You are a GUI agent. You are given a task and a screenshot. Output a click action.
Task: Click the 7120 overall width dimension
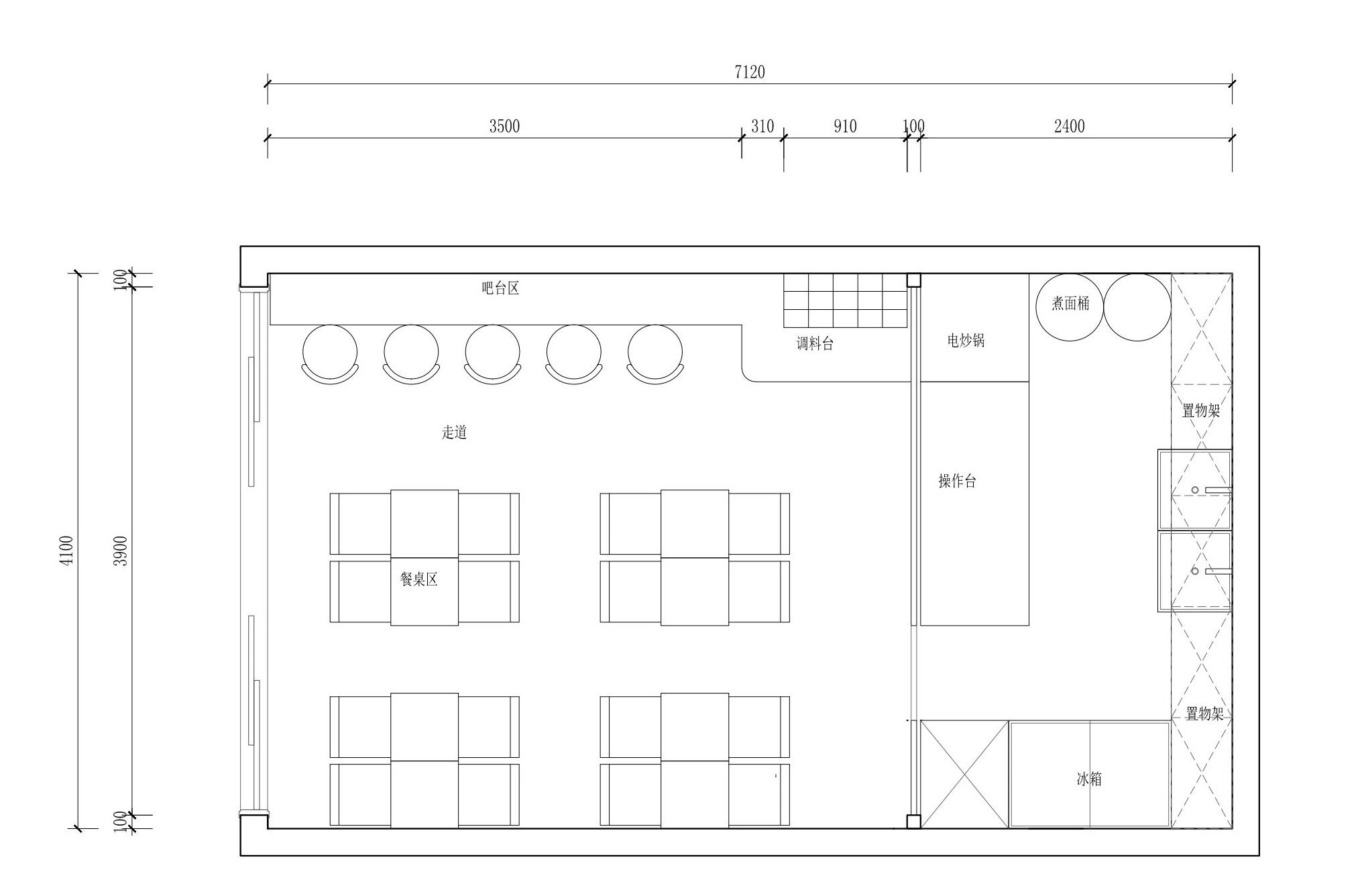749,72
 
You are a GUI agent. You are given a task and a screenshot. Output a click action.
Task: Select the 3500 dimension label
504,126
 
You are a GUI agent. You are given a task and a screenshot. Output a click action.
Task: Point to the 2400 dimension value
1069,126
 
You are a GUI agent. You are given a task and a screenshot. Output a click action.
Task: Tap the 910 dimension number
845,126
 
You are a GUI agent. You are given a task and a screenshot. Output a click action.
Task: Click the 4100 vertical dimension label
66,551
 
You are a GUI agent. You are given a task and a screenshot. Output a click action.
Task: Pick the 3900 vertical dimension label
120,551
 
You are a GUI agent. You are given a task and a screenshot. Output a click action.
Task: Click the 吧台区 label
500,288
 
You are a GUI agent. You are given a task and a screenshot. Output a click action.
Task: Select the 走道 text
454,432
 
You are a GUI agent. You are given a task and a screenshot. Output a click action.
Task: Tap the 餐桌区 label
418,579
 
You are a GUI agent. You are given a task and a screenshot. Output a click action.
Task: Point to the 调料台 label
815,344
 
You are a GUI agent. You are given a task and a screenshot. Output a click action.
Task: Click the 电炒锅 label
966,341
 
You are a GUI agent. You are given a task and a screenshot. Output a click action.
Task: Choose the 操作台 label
957,481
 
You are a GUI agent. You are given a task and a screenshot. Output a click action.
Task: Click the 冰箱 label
1089,779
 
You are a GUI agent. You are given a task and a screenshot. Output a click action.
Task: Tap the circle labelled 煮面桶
1070,307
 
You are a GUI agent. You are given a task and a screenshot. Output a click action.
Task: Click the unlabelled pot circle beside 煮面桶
1137,307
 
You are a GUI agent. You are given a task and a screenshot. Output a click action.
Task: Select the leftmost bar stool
330,354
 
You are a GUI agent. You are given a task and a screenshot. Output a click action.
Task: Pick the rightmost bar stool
655,354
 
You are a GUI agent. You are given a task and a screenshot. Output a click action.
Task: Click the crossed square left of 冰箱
964,774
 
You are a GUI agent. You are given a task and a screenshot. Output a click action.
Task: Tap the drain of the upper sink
1194,490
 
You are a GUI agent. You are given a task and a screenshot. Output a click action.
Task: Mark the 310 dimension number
762,126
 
